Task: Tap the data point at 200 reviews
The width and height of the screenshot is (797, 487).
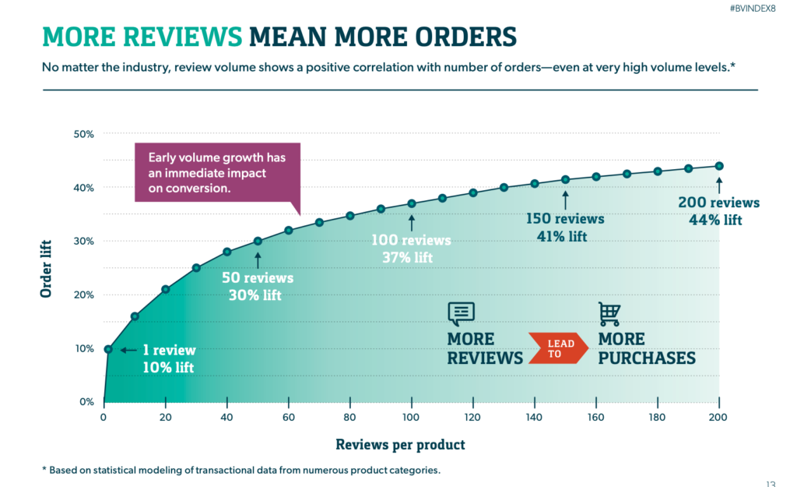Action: (x=719, y=166)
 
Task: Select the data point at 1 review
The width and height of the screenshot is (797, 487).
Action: (x=108, y=349)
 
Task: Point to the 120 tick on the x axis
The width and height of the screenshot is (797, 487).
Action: (x=472, y=417)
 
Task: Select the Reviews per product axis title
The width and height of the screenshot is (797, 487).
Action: (x=400, y=445)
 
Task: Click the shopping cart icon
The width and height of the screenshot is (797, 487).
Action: (x=609, y=314)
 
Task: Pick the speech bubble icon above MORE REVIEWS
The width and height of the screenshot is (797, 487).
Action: (x=461, y=313)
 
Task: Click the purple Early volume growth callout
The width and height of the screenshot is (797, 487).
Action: (x=217, y=172)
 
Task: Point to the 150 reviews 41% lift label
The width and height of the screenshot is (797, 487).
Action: (x=565, y=227)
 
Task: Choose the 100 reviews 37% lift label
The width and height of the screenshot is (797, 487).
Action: (x=412, y=249)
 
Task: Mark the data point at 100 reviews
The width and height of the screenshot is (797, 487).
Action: (x=412, y=204)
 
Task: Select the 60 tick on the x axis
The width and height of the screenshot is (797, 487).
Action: (x=289, y=417)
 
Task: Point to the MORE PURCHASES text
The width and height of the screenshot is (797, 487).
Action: (x=646, y=348)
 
